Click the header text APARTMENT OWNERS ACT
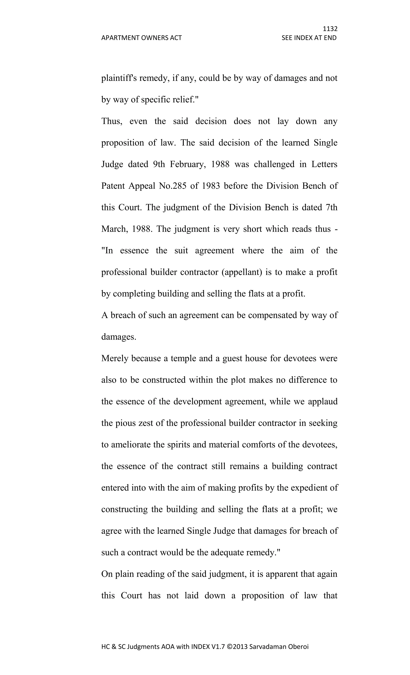point(141,38)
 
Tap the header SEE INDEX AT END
point(309,38)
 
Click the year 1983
point(211,186)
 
